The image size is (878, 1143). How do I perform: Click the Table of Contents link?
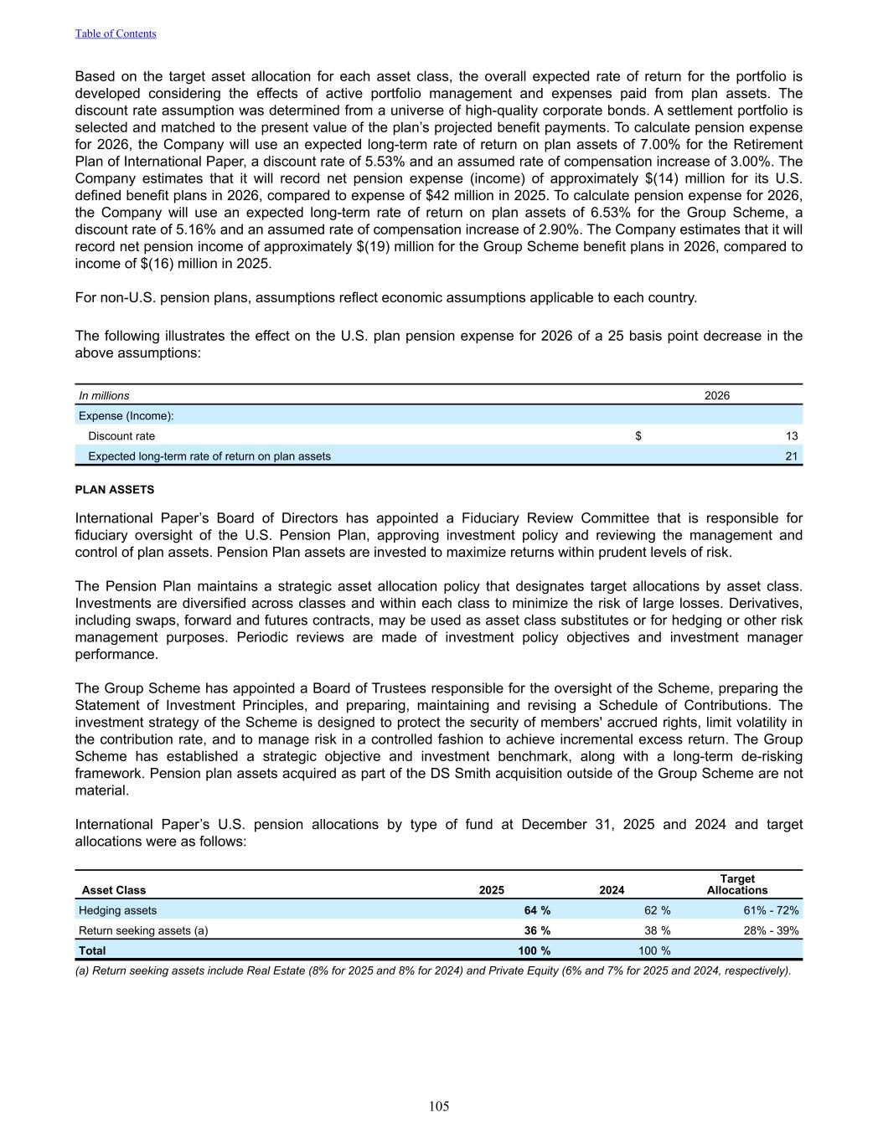pos(116,33)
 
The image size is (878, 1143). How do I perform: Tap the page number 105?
pos(439,1106)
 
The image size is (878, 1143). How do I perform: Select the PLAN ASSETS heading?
pos(115,490)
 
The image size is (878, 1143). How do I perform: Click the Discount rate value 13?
pos(792,436)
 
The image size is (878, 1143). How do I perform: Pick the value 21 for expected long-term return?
pos(792,456)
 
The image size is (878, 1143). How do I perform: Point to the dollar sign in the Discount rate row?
pos(638,436)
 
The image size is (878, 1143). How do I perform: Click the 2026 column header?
pos(717,395)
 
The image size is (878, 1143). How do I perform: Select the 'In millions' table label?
pos(105,395)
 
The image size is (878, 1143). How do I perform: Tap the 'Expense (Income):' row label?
pos(127,416)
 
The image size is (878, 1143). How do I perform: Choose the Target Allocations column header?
pos(737,884)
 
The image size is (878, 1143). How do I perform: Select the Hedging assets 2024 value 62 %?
pos(657,910)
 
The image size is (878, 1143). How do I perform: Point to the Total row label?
pos(92,950)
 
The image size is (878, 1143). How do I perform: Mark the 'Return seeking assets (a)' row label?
pos(143,930)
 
